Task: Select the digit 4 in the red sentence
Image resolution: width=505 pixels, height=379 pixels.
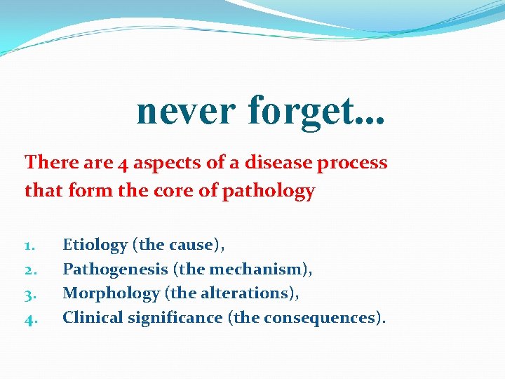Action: coord(123,163)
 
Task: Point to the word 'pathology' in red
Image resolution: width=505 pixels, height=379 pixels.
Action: coord(269,190)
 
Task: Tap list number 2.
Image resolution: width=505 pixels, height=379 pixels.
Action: coord(29,270)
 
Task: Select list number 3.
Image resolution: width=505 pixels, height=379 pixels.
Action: coord(29,294)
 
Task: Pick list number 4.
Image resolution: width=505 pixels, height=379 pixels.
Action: coord(29,319)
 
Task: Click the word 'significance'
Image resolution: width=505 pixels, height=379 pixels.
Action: coord(175,317)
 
